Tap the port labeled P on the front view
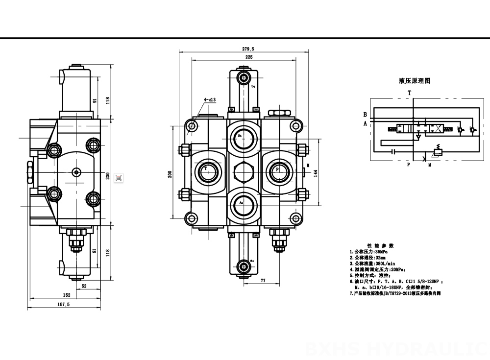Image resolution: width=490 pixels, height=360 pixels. pyautogui.click(x=278, y=169)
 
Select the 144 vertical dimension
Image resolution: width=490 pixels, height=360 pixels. pyautogui.click(x=316, y=174)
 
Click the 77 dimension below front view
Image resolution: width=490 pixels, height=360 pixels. pyautogui.click(x=263, y=281)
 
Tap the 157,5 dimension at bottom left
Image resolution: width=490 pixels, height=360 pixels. pyautogui.click(x=64, y=305)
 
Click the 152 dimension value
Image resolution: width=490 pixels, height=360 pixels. pyautogui.click(x=67, y=295)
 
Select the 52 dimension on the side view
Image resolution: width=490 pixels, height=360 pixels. pyautogui.click(x=84, y=286)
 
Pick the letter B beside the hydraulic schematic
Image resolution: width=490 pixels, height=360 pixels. pyautogui.click(x=365, y=114)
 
